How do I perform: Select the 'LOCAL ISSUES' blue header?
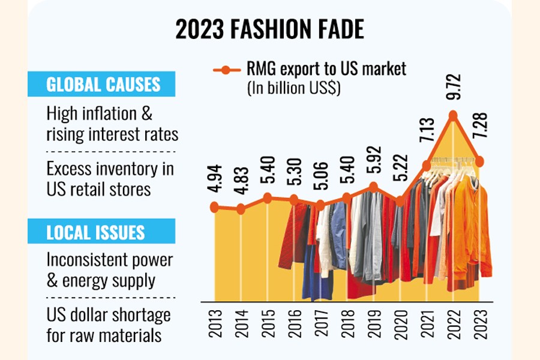[96, 232]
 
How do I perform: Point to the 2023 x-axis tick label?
[480, 327]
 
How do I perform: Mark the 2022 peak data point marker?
[454, 115]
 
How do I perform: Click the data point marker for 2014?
[241, 209]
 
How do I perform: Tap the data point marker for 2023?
[480, 161]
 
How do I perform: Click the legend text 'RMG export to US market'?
[326, 70]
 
